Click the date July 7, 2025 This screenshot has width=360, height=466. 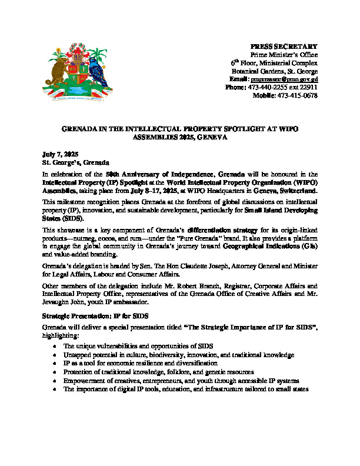(59, 153)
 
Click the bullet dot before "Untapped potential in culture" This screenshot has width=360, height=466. (55, 356)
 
